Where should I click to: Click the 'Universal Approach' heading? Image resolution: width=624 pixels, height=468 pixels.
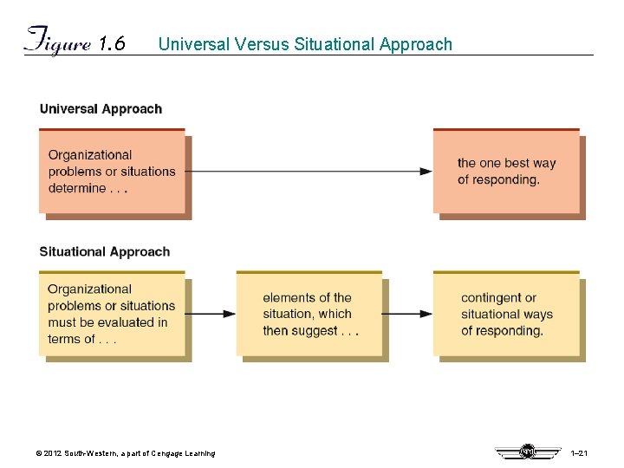[x=101, y=109]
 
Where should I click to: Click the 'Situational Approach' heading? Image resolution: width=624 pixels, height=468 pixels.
[x=105, y=252]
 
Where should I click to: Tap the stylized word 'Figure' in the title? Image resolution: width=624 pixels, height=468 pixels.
[x=57, y=42]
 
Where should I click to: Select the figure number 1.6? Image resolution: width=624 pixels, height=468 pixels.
[x=112, y=44]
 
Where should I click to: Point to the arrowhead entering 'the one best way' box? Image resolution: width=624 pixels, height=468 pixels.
[x=426, y=172]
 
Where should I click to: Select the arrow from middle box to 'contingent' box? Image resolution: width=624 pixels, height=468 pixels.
[x=407, y=314]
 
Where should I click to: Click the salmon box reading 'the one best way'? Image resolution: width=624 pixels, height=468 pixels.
[x=506, y=171]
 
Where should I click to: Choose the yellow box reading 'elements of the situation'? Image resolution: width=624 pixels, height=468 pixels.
[x=309, y=314]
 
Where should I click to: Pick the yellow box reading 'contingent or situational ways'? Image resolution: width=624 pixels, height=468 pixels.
[x=506, y=314]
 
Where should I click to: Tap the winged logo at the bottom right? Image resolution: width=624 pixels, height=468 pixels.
[x=526, y=452]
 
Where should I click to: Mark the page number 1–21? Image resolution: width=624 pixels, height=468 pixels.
[x=580, y=454]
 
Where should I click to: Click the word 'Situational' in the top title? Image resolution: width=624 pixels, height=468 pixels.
[x=334, y=44]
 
